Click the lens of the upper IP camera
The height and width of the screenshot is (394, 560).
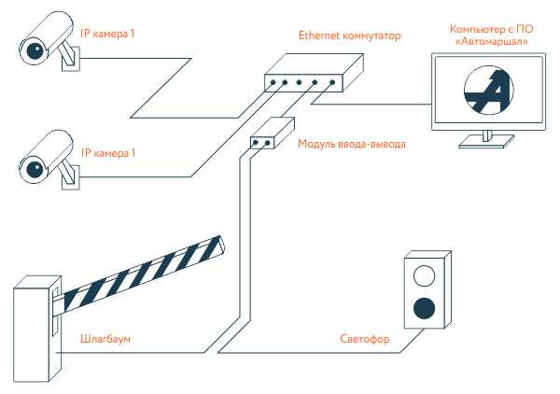(x=35, y=50)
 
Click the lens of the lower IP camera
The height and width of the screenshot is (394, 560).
(x=35, y=169)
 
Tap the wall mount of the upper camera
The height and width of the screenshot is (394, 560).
(x=71, y=59)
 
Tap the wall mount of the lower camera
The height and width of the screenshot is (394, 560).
(x=71, y=177)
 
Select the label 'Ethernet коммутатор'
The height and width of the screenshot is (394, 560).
(x=350, y=35)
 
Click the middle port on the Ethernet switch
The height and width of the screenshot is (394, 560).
(x=299, y=82)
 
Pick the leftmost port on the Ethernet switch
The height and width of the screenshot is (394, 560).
(x=273, y=82)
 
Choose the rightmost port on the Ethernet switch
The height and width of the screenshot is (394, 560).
(x=332, y=82)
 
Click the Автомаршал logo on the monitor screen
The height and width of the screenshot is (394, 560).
(x=488, y=90)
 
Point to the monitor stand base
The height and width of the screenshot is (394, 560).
(x=486, y=142)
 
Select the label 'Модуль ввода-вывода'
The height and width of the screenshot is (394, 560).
(x=352, y=144)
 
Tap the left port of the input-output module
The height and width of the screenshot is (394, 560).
(x=256, y=143)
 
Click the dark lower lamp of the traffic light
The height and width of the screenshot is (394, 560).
(x=424, y=308)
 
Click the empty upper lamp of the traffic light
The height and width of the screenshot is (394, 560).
(x=424, y=275)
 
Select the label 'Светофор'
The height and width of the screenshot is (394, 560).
(x=365, y=339)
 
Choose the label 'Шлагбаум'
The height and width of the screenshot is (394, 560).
(x=105, y=338)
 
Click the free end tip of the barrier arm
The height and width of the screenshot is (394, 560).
(x=222, y=245)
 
